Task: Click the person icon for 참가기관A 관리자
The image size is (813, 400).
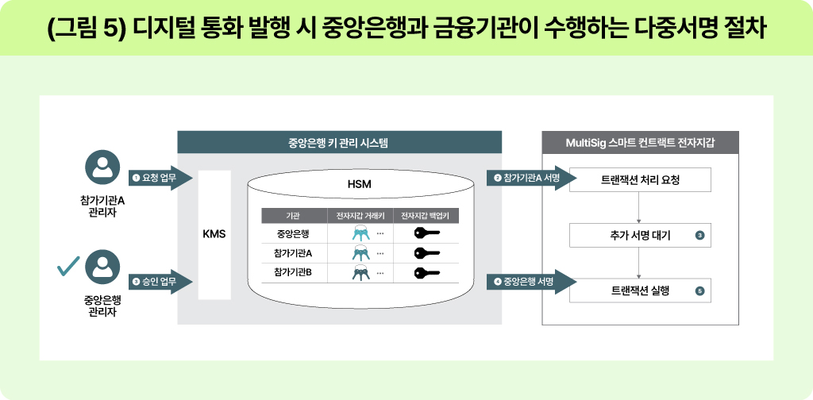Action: tap(101, 168)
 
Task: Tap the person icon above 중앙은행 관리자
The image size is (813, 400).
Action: tap(101, 267)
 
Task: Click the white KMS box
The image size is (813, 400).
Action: tap(214, 235)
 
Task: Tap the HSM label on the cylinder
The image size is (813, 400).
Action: tap(360, 184)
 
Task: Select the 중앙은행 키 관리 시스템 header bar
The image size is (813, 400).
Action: tap(339, 143)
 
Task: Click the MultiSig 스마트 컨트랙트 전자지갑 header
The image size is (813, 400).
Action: tap(640, 143)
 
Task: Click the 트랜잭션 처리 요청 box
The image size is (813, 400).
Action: tap(640, 180)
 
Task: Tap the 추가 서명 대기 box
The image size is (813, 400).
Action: tap(640, 235)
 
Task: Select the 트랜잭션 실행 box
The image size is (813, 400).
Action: tap(640, 290)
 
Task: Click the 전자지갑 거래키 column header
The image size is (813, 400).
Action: tap(360, 215)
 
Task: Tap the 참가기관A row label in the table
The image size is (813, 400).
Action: tap(293, 253)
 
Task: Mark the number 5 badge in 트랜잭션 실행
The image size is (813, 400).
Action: tap(699, 290)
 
